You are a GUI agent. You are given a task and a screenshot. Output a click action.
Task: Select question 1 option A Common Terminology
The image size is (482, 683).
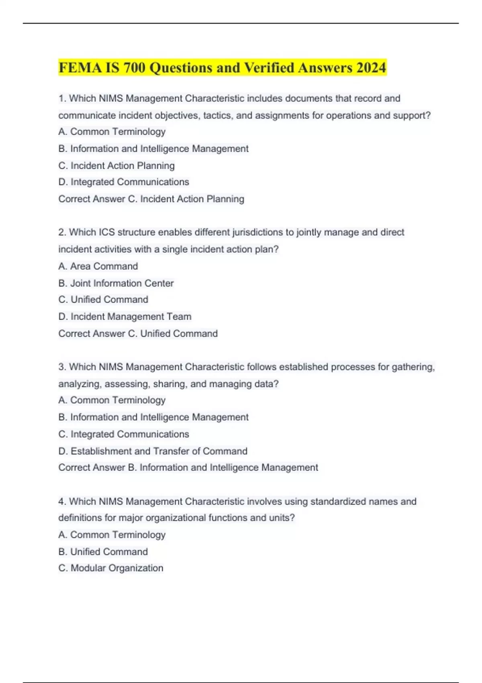coord(112,132)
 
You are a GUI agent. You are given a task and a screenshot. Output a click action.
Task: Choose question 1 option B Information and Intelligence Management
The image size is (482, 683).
coord(153,149)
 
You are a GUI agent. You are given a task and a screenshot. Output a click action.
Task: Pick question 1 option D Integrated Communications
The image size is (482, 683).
coord(124,182)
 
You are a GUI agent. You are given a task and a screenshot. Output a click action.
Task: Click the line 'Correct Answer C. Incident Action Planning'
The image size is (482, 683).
coord(151,199)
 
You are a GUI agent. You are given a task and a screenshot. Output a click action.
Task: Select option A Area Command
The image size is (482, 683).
coord(98,266)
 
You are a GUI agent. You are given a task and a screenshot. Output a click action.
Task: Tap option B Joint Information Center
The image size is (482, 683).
coord(116,283)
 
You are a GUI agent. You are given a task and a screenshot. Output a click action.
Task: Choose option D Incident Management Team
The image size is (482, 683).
coord(125,317)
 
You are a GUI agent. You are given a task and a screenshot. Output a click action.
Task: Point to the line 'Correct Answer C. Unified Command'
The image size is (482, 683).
coord(138,333)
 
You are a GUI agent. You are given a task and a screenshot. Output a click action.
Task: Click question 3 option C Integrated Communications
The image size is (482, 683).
coord(124,434)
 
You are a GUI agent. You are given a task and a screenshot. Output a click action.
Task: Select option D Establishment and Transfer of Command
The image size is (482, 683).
coord(153,451)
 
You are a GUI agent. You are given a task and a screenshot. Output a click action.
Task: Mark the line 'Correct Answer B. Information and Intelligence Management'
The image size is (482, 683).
coord(188,468)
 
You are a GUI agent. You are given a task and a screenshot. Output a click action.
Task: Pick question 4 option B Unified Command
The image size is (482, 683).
coord(103,552)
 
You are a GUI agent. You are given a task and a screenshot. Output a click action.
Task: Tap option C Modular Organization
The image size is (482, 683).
coord(111,568)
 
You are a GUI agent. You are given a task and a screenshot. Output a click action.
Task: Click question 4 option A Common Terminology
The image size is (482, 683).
coord(112,535)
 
